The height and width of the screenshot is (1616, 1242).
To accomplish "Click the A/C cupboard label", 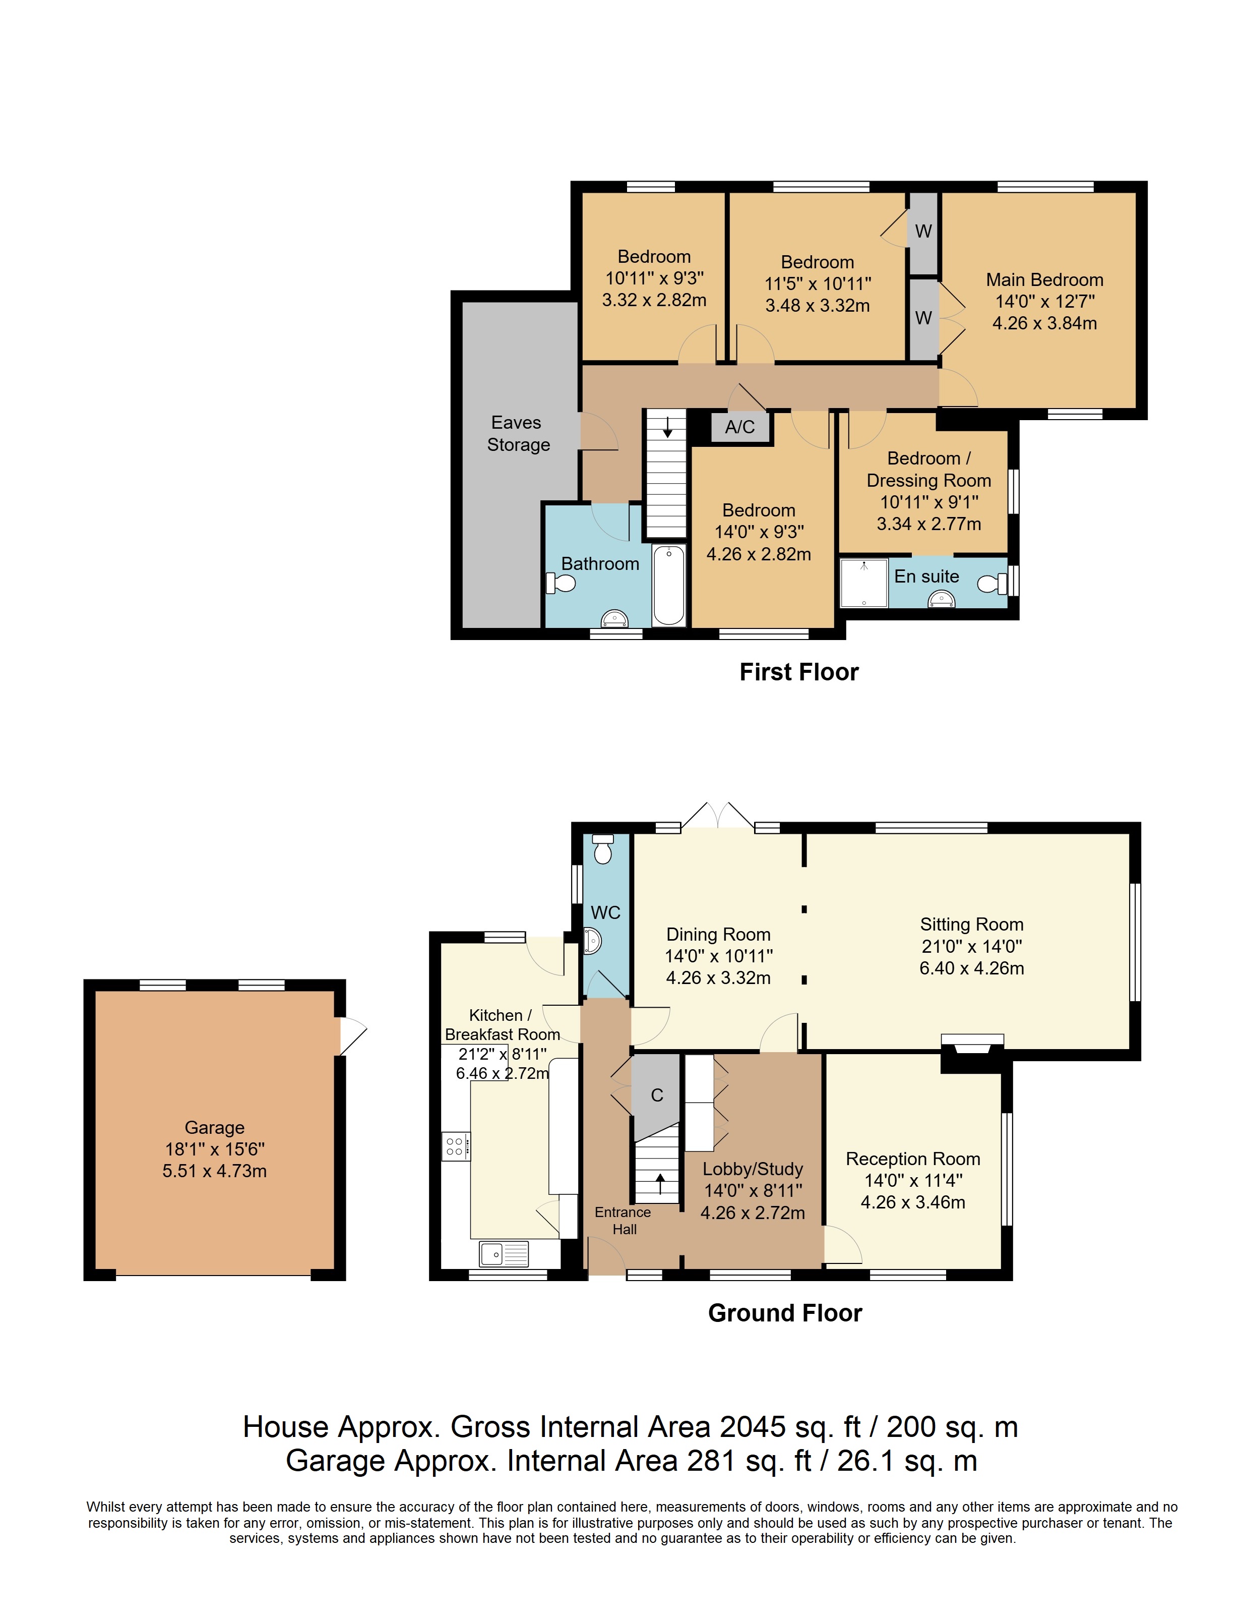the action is [740, 427].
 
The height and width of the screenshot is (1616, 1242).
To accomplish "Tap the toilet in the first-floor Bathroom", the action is [561, 584].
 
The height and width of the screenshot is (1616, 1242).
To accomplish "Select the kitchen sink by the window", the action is [504, 1253].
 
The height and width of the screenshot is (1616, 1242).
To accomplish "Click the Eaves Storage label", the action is [518, 433].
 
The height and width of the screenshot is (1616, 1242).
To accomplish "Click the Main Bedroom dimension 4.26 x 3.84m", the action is [1044, 323].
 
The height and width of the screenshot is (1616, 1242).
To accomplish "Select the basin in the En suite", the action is [941, 600].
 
